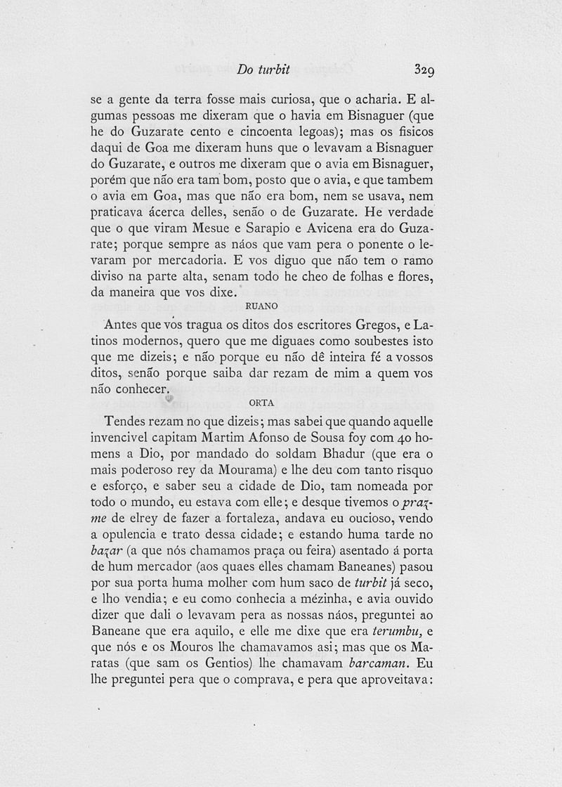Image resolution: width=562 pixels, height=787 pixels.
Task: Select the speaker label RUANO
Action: [261, 306]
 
